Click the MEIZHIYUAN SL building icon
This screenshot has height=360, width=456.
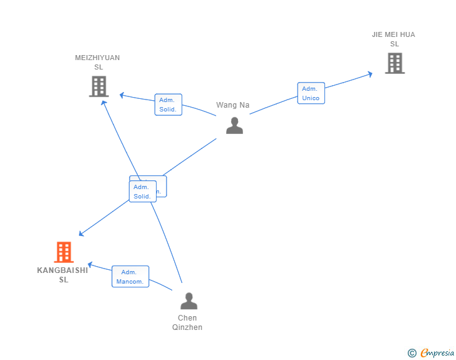coord(99,86)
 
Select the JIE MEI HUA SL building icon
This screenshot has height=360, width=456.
coord(395,63)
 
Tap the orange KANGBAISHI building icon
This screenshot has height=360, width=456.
coord(64,252)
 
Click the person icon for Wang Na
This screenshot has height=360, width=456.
coord(234,125)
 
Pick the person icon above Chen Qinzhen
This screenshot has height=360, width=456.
coord(189,301)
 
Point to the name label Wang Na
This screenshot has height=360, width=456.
coord(233,105)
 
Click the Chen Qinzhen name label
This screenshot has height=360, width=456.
coord(187,322)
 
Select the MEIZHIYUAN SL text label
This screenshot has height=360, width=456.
coord(98,63)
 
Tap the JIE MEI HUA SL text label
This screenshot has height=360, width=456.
coord(393,39)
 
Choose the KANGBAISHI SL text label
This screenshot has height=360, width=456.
coord(63,275)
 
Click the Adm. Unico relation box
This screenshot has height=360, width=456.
coord(311,93)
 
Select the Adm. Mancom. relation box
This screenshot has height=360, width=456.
coord(130,277)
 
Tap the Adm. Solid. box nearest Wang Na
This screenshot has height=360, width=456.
coord(168,105)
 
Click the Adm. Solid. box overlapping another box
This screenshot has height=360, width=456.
coord(142,192)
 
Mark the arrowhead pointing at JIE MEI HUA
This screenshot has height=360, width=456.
coord(370,74)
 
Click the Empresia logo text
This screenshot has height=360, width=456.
coord(437,353)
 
